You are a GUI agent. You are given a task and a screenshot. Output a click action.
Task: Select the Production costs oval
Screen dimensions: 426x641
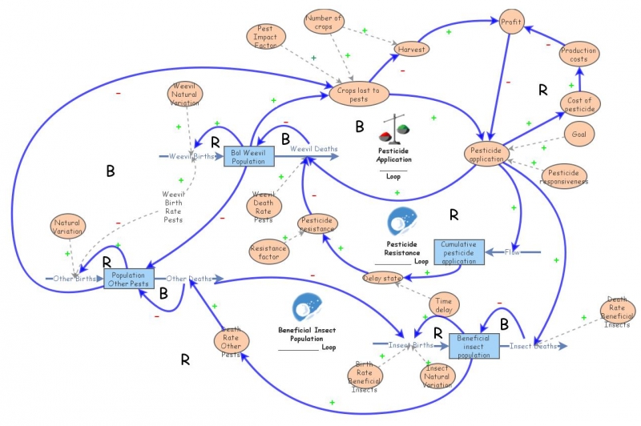point(579,55)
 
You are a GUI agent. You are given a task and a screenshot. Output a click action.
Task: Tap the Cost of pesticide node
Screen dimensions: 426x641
point(579,104)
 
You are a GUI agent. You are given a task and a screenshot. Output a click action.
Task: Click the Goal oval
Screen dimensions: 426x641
point(579,135)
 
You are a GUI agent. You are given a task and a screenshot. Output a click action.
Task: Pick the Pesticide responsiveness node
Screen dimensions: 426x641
point(565,176)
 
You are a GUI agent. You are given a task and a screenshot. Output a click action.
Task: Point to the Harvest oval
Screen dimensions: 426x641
point(411,49)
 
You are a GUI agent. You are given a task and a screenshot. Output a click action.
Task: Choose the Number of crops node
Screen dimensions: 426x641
point(325,24)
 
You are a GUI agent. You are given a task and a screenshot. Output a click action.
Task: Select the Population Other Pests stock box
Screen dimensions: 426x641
point(128,279)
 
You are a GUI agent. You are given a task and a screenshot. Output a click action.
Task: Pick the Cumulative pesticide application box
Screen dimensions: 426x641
point(460,251)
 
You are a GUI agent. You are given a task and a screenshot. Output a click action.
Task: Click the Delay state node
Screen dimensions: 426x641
point(381,278)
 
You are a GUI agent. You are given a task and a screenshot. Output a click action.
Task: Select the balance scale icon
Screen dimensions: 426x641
point(393,127)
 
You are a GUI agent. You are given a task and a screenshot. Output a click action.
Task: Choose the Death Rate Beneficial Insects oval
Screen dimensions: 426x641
point(617,313)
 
